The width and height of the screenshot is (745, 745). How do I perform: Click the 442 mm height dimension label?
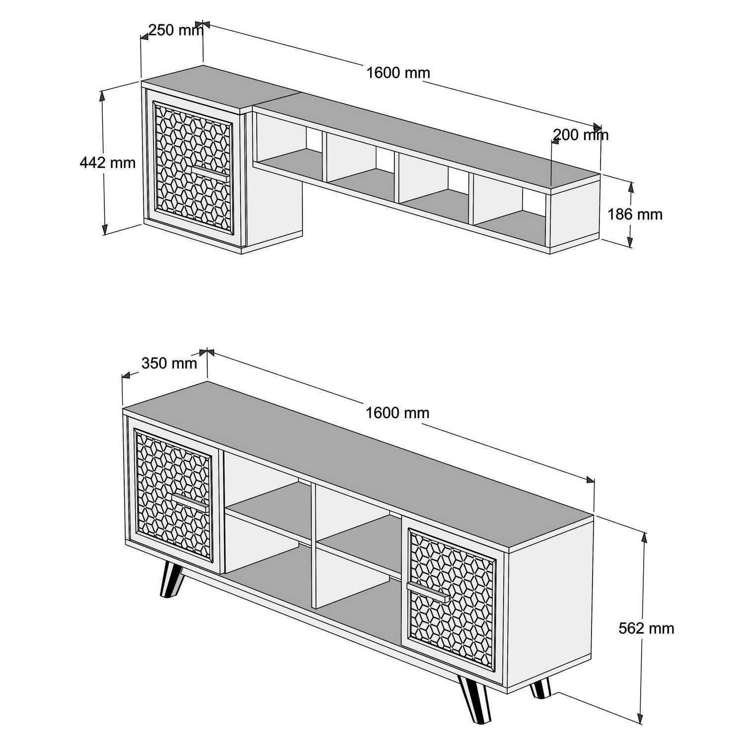[x=107, y=162]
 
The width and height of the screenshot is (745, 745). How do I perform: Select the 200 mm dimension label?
[x=580, y=135]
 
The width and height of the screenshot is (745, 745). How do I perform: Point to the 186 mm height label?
[x=635, y=214]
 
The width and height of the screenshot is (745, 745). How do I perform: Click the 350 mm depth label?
[x=169, y=364]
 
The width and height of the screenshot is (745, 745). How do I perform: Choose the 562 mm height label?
[x=646, y=628]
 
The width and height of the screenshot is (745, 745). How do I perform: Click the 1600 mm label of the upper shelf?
[x=398, y=73]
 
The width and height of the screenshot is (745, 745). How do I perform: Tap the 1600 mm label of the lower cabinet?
[x=397, y=413]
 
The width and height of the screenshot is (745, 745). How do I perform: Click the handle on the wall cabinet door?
[x=210, y=171]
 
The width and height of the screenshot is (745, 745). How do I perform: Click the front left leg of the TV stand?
[x=169, y=580]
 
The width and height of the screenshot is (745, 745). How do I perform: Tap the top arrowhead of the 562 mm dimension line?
[x=644, y=534]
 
